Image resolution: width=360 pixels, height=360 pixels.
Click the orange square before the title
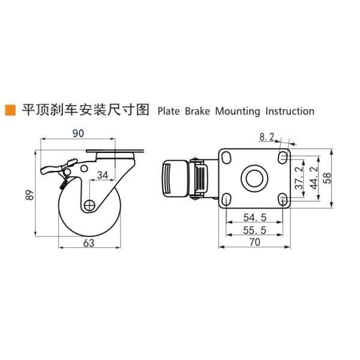[10, 110]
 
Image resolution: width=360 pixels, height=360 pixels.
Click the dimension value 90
[78, 133]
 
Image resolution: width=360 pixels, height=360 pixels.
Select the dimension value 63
[89, 242]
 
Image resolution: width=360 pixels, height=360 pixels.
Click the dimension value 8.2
[266, 137]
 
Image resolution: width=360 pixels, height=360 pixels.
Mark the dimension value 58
[328, 179]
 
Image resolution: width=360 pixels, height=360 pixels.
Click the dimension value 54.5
[255, 215]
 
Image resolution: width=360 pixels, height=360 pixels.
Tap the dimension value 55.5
[255, 229]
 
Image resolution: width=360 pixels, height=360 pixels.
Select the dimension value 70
[256, 243]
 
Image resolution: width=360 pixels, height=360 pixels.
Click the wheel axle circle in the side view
[89, 205]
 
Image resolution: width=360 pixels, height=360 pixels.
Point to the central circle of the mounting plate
[252, 179]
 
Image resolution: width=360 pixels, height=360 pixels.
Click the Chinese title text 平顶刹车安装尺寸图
[85, 111]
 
